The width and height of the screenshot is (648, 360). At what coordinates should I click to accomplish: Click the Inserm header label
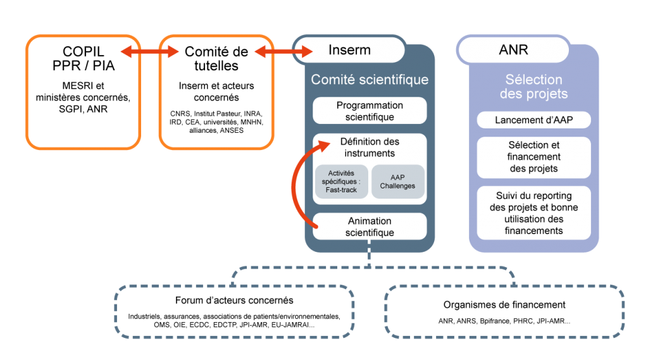(x=349, y=50)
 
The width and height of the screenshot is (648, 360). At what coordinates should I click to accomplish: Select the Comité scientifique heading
(x=370, y=80)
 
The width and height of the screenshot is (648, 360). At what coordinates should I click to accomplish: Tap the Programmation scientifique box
(x=370, y=111)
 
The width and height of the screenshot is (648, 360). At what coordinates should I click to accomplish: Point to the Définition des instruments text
(x=370, y=147)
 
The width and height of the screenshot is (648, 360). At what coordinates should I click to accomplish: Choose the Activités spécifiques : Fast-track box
(x=342, y=182)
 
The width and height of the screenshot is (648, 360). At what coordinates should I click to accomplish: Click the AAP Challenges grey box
(x=397, y=182)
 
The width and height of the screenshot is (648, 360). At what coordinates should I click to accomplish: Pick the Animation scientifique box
(x=370, y=227)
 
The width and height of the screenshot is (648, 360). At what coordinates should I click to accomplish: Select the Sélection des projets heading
(x=533, y=87)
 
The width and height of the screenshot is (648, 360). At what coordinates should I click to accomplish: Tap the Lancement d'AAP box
(x=533, y=120)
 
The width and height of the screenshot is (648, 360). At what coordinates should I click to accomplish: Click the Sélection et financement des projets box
(x=533, y=157)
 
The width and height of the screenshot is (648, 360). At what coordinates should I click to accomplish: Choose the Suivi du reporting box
(x=533, y=213)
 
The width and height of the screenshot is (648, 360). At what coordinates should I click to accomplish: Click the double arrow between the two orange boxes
(x=150, y=52)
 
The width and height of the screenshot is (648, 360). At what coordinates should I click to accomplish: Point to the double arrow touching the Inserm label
(x=283, y=52)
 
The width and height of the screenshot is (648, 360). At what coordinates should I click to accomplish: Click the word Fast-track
(x=341, y=190)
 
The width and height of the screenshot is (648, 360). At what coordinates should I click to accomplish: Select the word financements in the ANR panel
(x=533, y=231)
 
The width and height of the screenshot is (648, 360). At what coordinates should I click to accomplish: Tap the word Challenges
(x=397, y=186)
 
